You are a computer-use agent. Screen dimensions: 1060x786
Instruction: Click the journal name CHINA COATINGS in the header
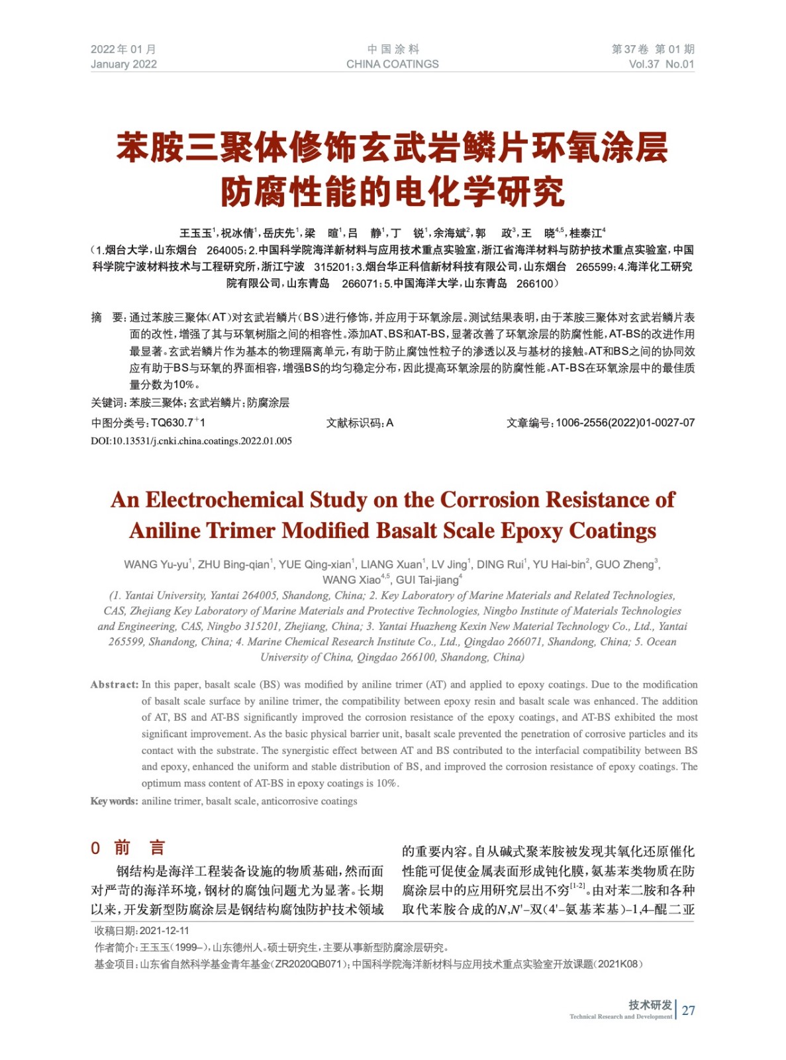pos(392,64)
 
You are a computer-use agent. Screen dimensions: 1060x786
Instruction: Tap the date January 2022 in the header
pos(124,64)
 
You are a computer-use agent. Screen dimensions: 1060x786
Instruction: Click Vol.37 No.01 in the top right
pos(661,64)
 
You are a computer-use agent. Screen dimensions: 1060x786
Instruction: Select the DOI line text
pos(191,441)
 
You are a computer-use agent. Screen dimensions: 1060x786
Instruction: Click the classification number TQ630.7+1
pos(178,423)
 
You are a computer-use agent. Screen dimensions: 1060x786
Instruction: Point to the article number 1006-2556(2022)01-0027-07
pos(625,423)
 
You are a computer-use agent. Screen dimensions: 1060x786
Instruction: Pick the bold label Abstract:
pos(115,685)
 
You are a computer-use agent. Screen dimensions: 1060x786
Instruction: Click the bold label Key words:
pos(115,802)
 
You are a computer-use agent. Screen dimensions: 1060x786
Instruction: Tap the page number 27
pos(689,1010)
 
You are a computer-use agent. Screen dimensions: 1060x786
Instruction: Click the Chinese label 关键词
pos(108,403)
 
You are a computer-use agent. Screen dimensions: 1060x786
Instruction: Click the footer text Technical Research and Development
pos(620,1016)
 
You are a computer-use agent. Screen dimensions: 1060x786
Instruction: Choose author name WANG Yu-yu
pos(156,564)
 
